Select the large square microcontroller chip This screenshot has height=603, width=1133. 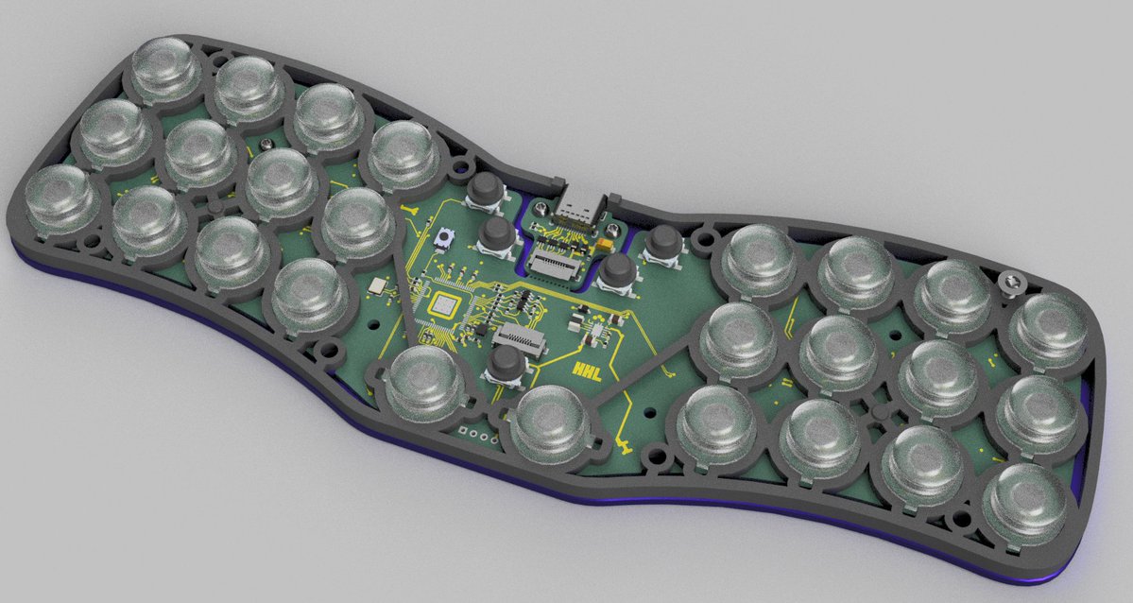coord(443,305)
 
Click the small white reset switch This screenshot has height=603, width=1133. coord(439,239)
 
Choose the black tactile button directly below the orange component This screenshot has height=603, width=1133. coord(619,270)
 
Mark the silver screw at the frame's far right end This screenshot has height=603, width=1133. coord(1013,280)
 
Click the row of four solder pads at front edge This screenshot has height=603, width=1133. coord(475,437)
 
